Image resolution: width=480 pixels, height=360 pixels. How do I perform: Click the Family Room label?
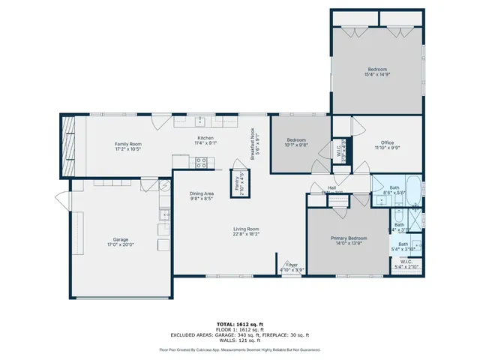click(x=128, y=143)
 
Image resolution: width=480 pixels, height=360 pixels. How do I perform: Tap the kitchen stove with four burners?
click(x=201, y=161)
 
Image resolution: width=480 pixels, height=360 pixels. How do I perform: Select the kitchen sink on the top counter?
click(x=200, y=121)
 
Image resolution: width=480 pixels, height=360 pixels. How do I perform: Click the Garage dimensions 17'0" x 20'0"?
click(x=114, y=244)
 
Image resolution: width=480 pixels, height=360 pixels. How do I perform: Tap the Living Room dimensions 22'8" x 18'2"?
click(x=244, y=234)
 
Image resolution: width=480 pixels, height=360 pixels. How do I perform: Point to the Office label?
click(x=387, y=142)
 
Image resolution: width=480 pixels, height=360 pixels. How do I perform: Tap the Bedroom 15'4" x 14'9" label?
click(x=378, y=69)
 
